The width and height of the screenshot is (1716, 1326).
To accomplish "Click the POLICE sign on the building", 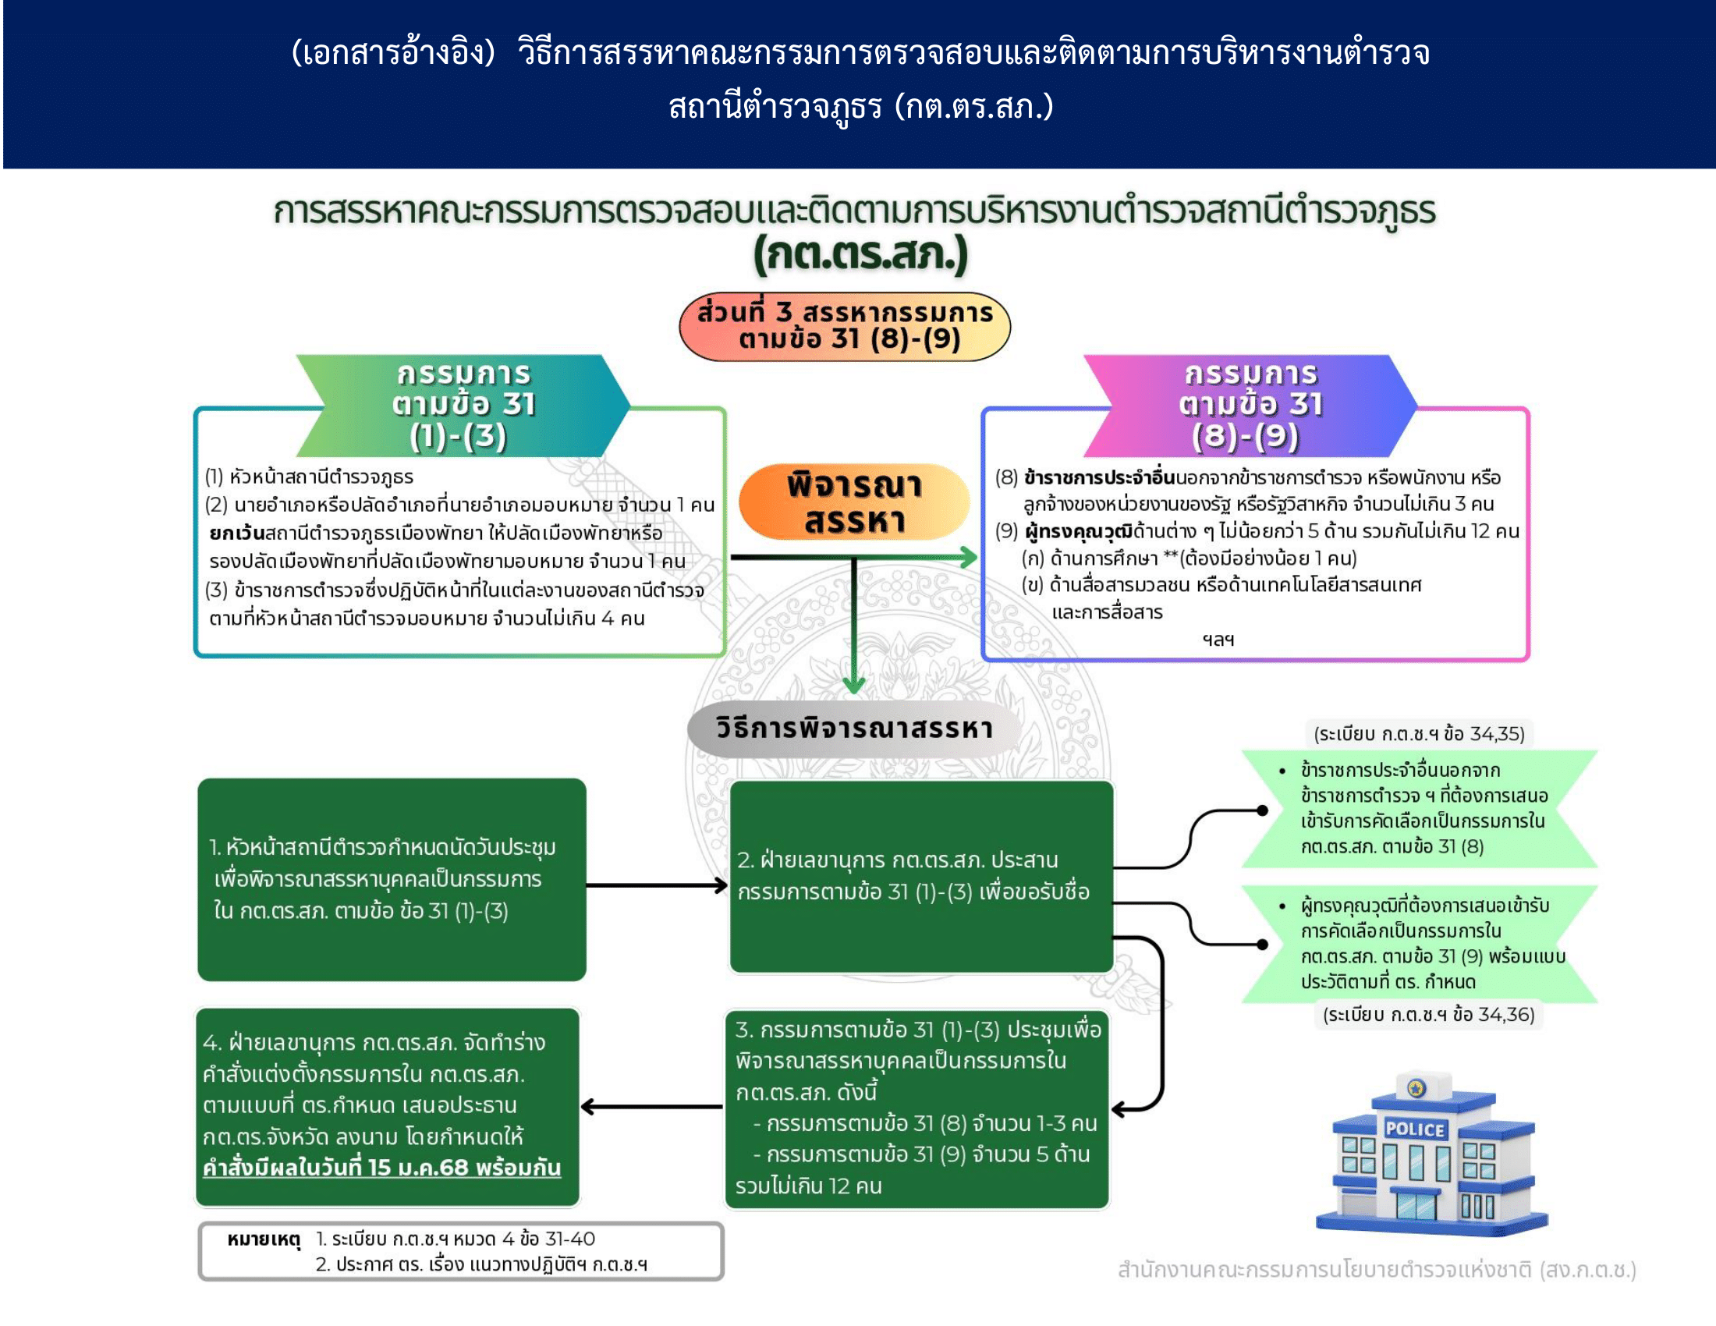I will pos(1414,1129).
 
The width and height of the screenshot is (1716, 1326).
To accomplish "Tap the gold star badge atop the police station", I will pos(1416,1088).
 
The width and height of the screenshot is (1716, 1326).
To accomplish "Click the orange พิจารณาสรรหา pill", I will pos(854,502).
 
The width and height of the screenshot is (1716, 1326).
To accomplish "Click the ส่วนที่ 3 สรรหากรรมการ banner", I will pos(845,326).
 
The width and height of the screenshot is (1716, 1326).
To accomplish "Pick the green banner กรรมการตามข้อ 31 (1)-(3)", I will pos(463,406).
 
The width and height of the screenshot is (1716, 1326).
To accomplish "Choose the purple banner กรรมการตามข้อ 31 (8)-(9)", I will pos(1250,406).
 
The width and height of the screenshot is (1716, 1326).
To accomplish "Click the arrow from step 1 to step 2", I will pos(657,885).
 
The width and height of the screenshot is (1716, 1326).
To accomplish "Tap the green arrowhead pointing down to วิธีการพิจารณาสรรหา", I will pos(854,684).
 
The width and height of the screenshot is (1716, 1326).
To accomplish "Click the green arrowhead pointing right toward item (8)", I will pos(969,558).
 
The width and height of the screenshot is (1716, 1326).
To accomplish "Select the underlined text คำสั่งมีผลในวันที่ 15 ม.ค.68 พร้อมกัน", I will pos(382,1168).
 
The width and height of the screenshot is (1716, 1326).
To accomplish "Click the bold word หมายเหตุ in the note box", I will pos(263,1239).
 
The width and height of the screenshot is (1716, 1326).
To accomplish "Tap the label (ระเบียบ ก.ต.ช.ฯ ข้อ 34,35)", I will pos(1419,734).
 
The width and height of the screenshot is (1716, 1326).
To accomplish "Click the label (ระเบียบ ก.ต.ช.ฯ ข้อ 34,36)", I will pos(1428,1014).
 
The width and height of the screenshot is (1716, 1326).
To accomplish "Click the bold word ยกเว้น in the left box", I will pos(236,534).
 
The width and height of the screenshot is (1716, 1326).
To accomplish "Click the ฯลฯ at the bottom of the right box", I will pos(1218,640).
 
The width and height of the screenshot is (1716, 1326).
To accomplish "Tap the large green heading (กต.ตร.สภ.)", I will pos(860,255).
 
